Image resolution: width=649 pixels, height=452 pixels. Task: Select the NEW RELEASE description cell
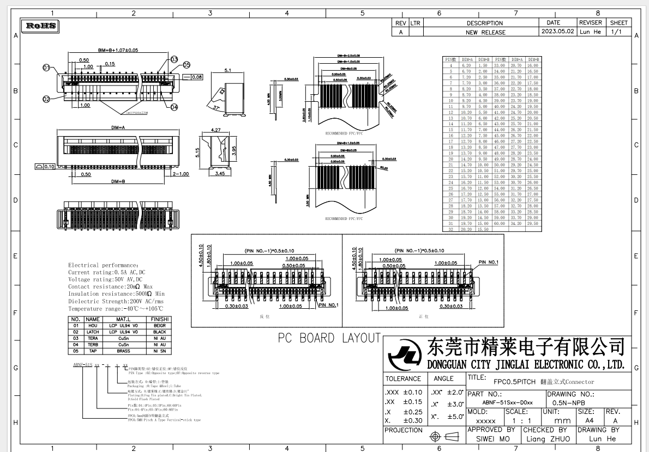485,32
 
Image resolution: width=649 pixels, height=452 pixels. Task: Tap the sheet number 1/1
618,32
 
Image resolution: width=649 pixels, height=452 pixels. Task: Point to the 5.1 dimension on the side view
228,70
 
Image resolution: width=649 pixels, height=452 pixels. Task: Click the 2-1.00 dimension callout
180,174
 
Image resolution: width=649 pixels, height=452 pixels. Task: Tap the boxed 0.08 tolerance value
196,77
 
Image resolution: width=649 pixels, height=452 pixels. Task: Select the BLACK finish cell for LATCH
159,332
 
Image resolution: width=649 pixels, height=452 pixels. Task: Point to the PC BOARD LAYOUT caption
329,338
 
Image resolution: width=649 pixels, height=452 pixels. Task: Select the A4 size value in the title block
589,421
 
